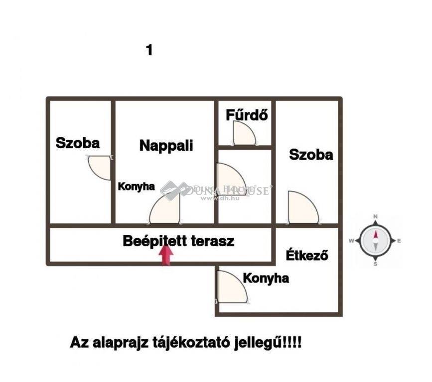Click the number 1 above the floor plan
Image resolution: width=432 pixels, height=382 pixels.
[149, 50]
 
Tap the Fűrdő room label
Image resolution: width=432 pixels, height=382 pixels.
[248, 115]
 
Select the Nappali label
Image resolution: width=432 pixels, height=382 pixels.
[166, 145]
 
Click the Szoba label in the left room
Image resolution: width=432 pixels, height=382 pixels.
[78, 143]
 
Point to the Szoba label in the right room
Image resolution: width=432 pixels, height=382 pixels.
[311, 155]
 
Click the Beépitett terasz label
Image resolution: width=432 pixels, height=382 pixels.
[178, 241]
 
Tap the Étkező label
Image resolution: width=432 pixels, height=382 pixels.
[307, 256]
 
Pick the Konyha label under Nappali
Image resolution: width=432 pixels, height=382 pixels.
[136, 187]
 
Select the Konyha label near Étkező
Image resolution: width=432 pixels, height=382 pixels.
[266, 279]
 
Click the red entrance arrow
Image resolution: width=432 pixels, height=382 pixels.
[167, 256]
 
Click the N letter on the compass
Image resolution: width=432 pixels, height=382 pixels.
[376, 217]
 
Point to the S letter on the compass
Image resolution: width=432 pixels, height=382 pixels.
[375, 264]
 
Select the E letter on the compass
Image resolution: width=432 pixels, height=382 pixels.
[399, 241]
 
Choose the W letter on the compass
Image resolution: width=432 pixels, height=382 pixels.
[351, 241]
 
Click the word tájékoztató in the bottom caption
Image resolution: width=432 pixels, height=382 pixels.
[190, 343]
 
